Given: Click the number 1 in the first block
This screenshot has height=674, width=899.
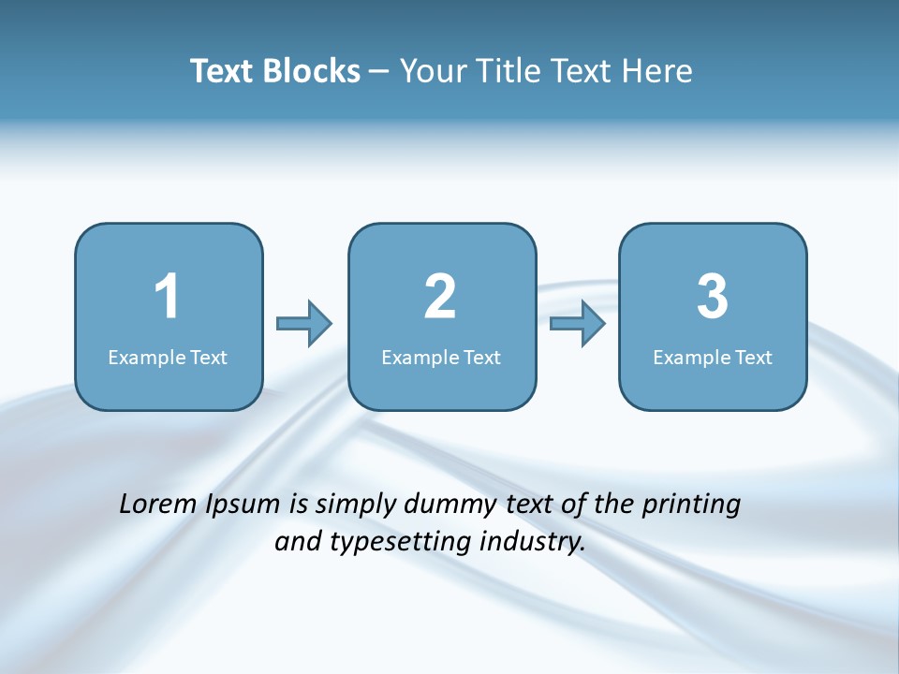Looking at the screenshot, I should tap(167, 297).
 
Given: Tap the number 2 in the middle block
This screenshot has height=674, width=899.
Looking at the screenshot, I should tap(440, 297).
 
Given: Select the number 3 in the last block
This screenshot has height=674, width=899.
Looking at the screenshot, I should tap(713, 297).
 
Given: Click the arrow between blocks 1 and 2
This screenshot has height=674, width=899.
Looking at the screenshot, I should tap(304, 324).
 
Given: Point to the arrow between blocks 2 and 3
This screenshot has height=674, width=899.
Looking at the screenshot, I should tap(577, 324).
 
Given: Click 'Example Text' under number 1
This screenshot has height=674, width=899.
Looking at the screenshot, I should tap(168, 358).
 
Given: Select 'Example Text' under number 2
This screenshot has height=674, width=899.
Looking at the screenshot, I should tap(441, 358).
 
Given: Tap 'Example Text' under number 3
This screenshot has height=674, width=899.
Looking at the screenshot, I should tap(713, 358).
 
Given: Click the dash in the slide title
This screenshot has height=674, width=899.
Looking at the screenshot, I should tap(379, 72).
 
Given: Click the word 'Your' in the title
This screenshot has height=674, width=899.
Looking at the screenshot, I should tap(431, 71).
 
